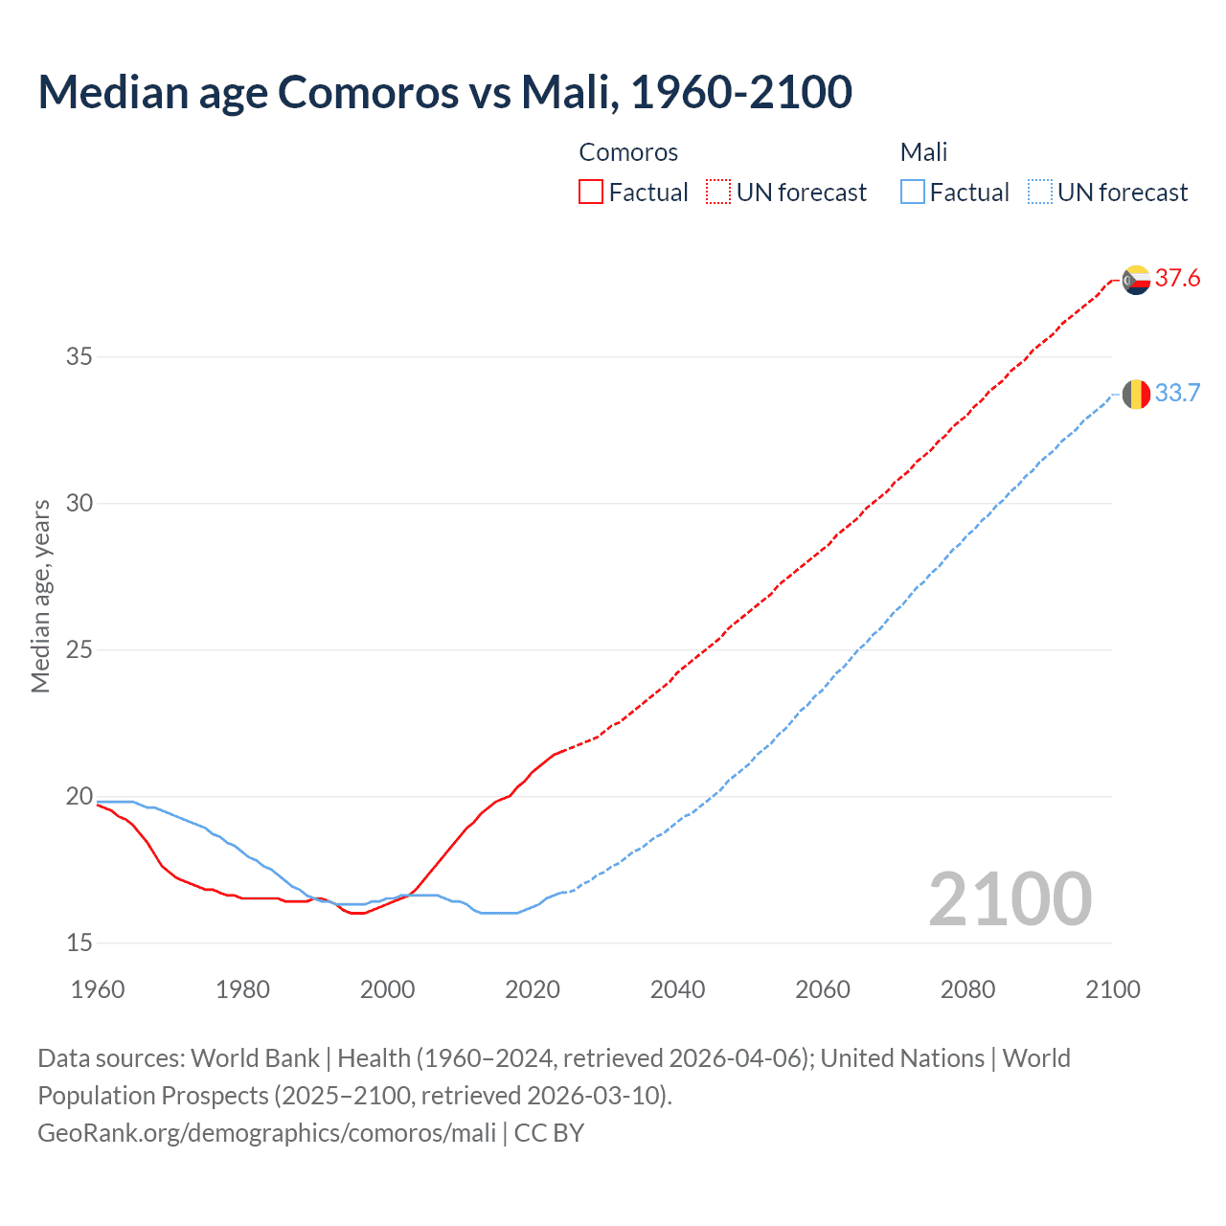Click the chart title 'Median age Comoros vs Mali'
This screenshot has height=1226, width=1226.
click(444, 92)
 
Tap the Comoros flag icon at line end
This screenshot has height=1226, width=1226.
click(1136, 280)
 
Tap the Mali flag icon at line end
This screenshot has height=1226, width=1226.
click(1136, 394)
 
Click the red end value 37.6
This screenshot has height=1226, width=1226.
click(1177, 279)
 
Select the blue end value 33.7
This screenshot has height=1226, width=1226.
click(1177, 394)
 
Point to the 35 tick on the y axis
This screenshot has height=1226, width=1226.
click(79, 357)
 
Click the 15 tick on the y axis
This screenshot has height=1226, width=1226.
click(79, 943)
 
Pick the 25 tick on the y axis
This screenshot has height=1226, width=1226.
click(79, 650)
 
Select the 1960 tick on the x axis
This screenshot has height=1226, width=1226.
click(98, 989)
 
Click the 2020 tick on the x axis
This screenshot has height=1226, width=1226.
click(533, 989)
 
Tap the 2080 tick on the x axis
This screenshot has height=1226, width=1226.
click(967, 989)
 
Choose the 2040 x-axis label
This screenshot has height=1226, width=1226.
click(677, 989)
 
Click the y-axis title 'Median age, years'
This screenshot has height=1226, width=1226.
click(40, 596)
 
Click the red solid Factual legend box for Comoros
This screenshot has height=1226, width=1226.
click(591, 193)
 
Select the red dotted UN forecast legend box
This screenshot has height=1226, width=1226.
click(718, 193)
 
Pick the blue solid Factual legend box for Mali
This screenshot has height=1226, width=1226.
click(912, 193)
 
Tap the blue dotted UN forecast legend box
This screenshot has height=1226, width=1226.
click(1039, 193)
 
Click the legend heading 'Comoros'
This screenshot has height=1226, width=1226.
click(628, 152)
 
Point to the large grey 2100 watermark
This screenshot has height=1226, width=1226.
click(1010, 898)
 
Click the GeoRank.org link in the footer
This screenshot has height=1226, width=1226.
click(266, 1133)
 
